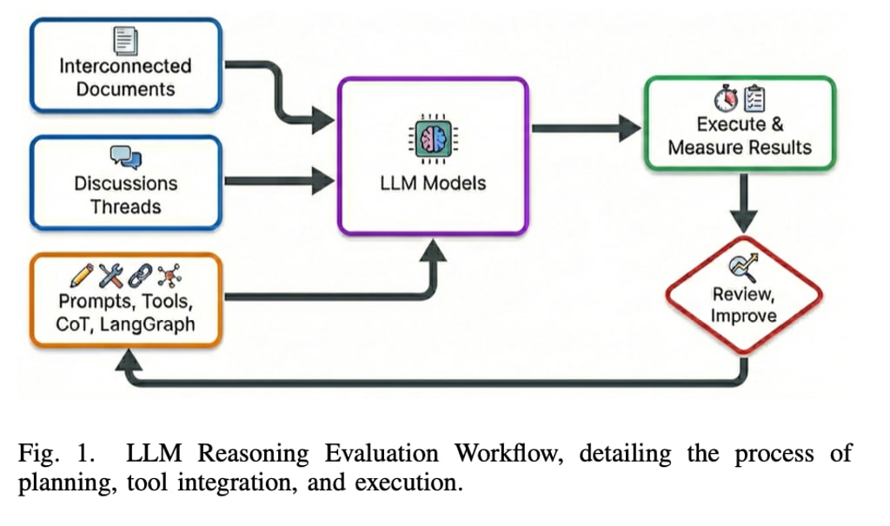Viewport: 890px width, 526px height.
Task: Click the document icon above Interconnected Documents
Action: pos(125,40)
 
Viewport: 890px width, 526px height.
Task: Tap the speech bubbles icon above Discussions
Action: pos(125,157)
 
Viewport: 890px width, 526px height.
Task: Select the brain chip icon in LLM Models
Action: pos(433,138)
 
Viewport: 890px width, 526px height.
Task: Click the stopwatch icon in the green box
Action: pos(726,98)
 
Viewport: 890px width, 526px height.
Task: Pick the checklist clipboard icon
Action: pos(754,98)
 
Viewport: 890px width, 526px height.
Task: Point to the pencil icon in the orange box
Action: pos(82,276)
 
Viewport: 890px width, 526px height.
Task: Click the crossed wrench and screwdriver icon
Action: pos(110,276)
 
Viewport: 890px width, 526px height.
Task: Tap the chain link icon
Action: pos(140,276)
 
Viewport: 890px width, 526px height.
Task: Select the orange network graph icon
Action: pos(169,276)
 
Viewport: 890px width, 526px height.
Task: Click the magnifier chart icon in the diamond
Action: pos(744,267)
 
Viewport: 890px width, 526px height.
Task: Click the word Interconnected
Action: pos(125,66)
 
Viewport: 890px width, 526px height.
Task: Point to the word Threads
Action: pos(125,207)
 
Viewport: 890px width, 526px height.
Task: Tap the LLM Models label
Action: pos(433,183)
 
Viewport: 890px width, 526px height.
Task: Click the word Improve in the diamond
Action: pos(744,316)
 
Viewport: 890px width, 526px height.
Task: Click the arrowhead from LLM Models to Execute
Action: pos(630,129)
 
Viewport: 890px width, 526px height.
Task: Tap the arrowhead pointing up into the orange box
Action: pos(129,360)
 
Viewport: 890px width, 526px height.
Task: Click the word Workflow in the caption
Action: pos(509,453)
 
